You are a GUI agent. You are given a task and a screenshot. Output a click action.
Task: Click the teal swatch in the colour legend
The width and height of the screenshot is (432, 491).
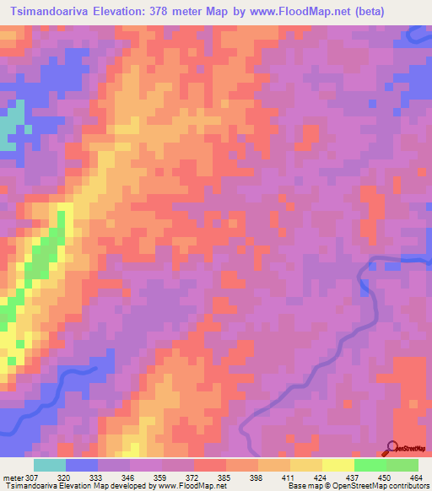[50, 464]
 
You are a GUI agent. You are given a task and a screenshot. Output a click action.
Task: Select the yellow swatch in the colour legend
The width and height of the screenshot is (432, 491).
[337, 464]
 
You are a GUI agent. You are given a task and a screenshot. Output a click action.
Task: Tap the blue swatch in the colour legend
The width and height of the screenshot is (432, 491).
[82, 464]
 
